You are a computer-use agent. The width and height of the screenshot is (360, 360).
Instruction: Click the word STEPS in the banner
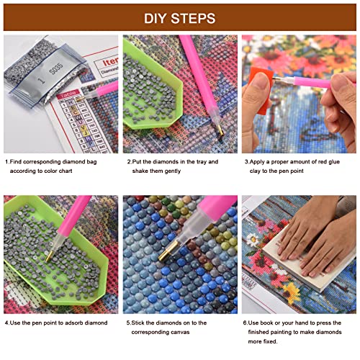point(193,19)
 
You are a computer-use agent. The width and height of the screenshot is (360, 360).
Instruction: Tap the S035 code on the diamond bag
point(56,68)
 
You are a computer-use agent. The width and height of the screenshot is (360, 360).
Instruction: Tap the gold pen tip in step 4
point(49,256)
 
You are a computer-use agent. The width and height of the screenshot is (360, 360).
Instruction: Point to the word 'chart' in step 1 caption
point(66,171)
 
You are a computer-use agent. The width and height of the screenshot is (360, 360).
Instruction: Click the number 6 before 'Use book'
point(245,323)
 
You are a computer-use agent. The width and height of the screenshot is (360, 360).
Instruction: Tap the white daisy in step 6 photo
point(252,240)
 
